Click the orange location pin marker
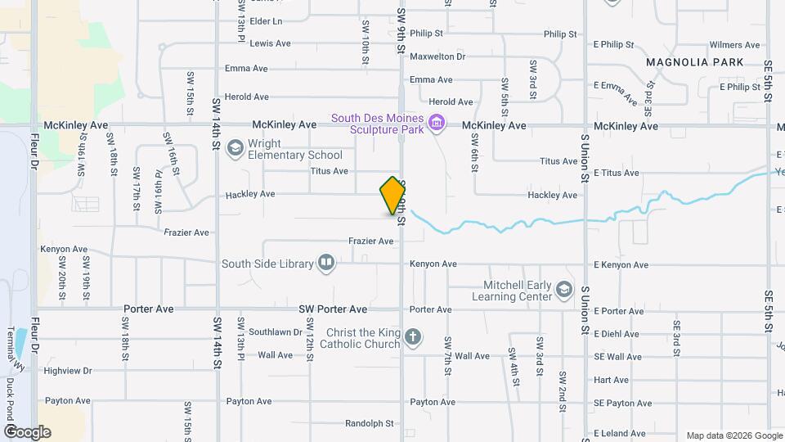pos(392,196)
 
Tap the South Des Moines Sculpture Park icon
pos(437,124)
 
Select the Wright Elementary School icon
pos(235,147)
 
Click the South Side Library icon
pos(326,263)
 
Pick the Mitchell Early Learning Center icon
pos(564,290)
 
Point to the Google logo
pos(27,431)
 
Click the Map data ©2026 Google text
pos(733,435)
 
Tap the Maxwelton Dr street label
pos(437,56)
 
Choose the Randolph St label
pos(370,424)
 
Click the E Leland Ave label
pos(621,433)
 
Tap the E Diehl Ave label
pos(617,334)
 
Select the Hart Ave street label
pos(611,380)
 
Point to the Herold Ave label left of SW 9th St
pos(246,97)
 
